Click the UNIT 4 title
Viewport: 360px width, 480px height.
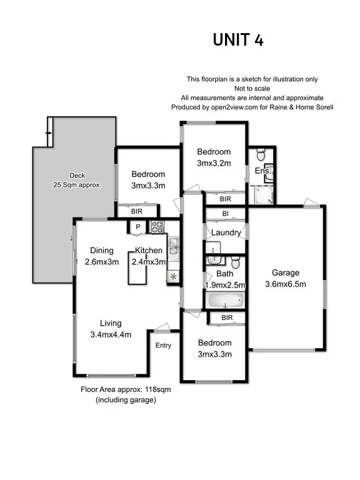tap(238, 39)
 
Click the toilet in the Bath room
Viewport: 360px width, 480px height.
tap(235, 261)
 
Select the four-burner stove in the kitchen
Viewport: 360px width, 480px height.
tap(157, 227)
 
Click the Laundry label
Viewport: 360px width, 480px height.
tap(226, 233)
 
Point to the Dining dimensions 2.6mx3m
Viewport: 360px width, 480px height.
tap(101, 262)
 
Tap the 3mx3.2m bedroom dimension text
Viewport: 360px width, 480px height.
tap(214, 163)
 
